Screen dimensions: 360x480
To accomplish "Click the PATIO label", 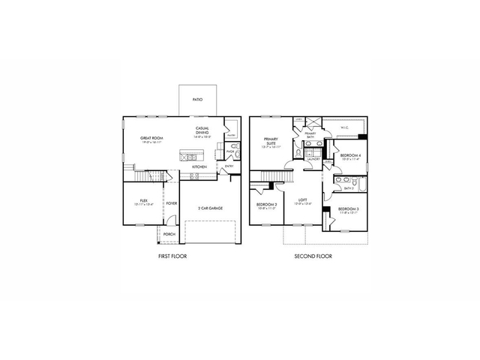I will [196, 99].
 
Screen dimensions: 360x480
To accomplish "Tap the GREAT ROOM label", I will [152, 139].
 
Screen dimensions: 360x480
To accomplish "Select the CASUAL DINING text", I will [202, 130].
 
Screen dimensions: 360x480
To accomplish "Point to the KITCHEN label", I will [199, 166].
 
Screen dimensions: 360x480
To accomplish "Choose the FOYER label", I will [172, 203].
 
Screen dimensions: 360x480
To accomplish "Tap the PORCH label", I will [169, 234].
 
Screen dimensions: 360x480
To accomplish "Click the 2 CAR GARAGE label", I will [210, 208].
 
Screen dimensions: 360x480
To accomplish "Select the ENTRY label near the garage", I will [229, 166].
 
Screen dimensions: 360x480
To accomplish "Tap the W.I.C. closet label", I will [344, 127].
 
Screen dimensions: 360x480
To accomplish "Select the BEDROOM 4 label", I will [350, 155].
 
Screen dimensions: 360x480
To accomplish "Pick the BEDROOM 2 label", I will [266, 205].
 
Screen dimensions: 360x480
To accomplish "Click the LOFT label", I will [302, 200].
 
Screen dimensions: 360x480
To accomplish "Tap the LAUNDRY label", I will [313, 159].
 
